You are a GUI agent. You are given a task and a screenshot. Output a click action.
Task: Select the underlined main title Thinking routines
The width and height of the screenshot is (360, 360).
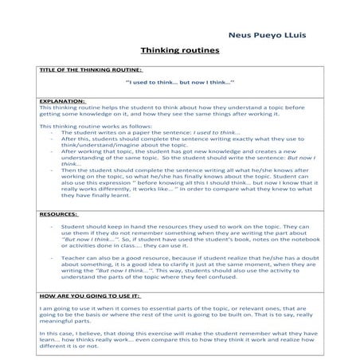[178, 51]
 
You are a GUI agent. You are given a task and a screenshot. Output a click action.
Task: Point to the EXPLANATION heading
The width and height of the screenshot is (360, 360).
[62, 101]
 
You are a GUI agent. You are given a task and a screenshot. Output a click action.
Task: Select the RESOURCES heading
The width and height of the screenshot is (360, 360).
[58, 213]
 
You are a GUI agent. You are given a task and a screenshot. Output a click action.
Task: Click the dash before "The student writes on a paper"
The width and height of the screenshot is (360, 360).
[51, 132]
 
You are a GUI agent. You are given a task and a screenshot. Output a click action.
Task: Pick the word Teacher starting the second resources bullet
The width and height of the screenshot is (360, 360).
[72, 259]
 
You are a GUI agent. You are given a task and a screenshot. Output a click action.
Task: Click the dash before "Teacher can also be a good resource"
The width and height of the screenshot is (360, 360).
[51, 259]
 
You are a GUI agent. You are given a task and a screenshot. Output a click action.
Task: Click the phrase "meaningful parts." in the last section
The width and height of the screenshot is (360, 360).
[65, 323]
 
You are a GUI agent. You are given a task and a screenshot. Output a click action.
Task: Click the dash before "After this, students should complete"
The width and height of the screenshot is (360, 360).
[51, 139]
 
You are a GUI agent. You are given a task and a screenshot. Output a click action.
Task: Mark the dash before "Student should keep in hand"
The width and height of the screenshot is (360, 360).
[51, 227]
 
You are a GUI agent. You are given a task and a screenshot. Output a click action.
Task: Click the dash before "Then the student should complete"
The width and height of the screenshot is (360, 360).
[51, 170]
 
